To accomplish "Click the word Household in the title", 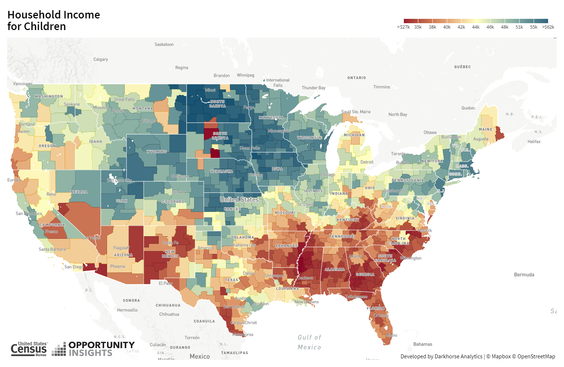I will point(33,15).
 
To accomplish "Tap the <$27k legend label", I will point(403,27).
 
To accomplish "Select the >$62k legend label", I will point(548,27).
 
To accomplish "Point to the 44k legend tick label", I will point(476,27).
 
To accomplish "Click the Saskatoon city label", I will point(164,45).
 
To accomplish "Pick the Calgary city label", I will point(101,59).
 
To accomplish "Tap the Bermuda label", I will point(524,275).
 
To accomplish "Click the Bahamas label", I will point(423,344).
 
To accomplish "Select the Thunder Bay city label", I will point(313,88).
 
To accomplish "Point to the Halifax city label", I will point(534,142).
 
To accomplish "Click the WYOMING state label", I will point(157,152).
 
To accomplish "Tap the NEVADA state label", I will point(79,192).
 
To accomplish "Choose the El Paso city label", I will point(166,283).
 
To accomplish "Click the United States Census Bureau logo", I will point(29,349).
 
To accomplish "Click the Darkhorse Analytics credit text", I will point(441,356).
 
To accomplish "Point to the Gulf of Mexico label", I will point(309,342).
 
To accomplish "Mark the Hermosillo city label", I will point(127,310).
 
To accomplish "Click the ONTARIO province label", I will point(356,78).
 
